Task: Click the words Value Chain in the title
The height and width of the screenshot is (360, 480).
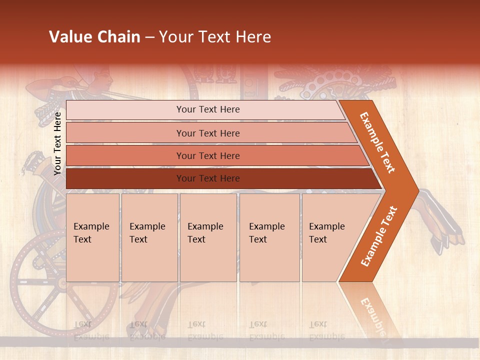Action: click(x=94, y=37)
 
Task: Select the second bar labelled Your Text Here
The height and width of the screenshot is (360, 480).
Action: click(x=208, y=133)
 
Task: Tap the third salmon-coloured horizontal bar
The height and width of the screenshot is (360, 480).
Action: click(x=208, y=155)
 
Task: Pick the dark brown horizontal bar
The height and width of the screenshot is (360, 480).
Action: click(x=208, y=178)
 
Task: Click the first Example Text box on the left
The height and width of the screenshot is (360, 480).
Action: click(x=92, y=237)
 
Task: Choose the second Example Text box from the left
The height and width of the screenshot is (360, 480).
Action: click(x=149, y=237)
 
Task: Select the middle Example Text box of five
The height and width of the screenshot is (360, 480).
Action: click(x=207, y=237)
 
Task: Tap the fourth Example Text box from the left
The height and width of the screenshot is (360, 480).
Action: click(x=269, y=237)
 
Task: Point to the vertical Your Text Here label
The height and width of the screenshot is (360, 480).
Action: click(x=57, y=143)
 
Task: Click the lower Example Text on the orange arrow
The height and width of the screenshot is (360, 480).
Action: click(x=379, y=236)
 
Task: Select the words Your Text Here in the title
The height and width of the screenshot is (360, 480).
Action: click(x=215, y=37)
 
